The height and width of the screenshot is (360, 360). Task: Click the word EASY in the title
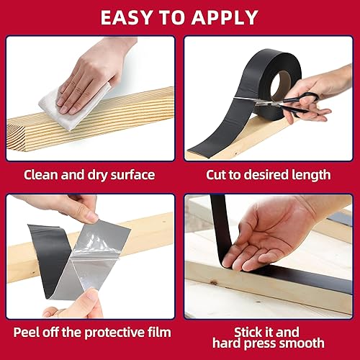(x=127, y=17)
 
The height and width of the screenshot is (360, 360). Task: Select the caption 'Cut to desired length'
(x=268, y=174)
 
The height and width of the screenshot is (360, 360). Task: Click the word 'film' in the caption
(x=158, y=332)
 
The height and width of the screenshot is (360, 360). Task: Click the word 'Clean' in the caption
(x=41, y=174)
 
